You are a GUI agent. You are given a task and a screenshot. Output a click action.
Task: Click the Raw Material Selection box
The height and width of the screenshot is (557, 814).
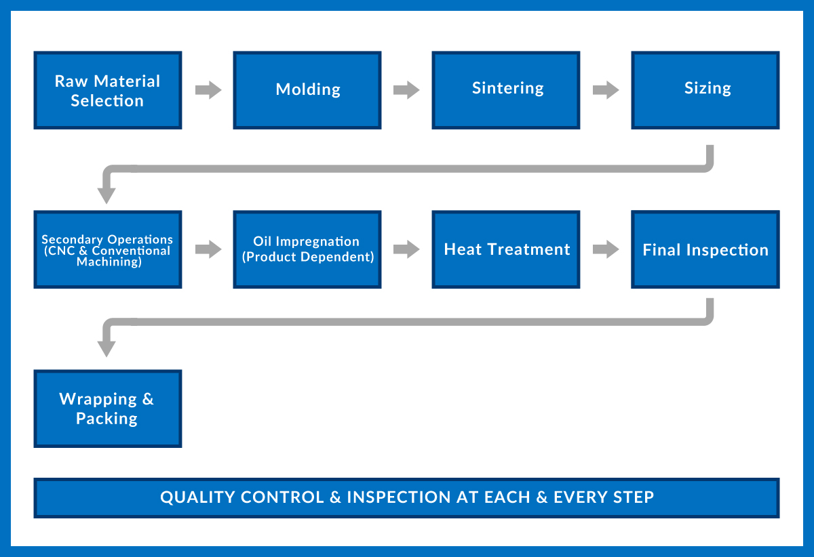pyautogui.click(x=108, y=90)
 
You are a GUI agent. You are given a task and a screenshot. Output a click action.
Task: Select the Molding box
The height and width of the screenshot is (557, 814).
pyautogui.click(x=307, y=90)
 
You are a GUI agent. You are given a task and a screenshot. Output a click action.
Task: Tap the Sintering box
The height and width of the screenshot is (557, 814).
pyautogui.click(x=506, y=90)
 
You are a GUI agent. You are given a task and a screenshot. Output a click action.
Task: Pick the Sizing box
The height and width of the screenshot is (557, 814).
pyautogui.click(x=705, y=90)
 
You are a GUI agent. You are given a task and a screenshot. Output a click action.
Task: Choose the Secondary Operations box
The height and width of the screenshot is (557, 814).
pyautogui.click(x=108, y=249)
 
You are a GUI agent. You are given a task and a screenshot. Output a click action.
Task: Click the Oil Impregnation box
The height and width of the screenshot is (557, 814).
pyautogui.click(x=307, y=249)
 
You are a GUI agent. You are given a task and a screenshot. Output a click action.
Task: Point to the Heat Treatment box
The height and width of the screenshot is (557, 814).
pyautogui.click(x=506, y=249)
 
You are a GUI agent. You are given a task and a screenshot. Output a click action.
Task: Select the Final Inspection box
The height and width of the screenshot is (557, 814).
pyautogui.click(x=705, y=249)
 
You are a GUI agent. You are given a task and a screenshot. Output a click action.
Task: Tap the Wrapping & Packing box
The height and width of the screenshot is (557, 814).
pyautogui.click(x=108, y=409)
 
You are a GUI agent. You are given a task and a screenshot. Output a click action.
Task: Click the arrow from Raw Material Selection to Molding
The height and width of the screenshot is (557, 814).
pyautogui.click(x=208, y=90)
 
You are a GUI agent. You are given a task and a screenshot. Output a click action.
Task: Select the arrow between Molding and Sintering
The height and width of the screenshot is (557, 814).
pyautogui.click(x=406, y=90)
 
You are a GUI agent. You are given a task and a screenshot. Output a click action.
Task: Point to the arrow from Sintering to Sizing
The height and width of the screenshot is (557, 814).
pyautogui.click(x=606, y=90)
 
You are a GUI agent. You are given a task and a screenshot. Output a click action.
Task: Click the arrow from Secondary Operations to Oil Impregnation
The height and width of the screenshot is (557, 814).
pyautogui.click(x=208, y=249)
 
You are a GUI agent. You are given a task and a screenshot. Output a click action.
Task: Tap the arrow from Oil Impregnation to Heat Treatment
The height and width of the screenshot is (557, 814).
pyautogui.click(x=406, y=249)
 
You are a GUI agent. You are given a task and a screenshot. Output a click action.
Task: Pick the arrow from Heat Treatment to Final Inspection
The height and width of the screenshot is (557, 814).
pyautogui.click(x=606, y=249)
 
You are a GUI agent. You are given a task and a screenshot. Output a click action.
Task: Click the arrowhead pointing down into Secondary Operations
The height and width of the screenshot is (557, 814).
pyautogui.click(x=106, y=195)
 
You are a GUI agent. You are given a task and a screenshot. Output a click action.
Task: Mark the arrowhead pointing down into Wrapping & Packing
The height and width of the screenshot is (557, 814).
pyautogui.click(x=106, y=348)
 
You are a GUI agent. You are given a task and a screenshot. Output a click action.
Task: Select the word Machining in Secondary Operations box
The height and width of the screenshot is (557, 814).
pyautogui.click(x=109, y=262)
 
